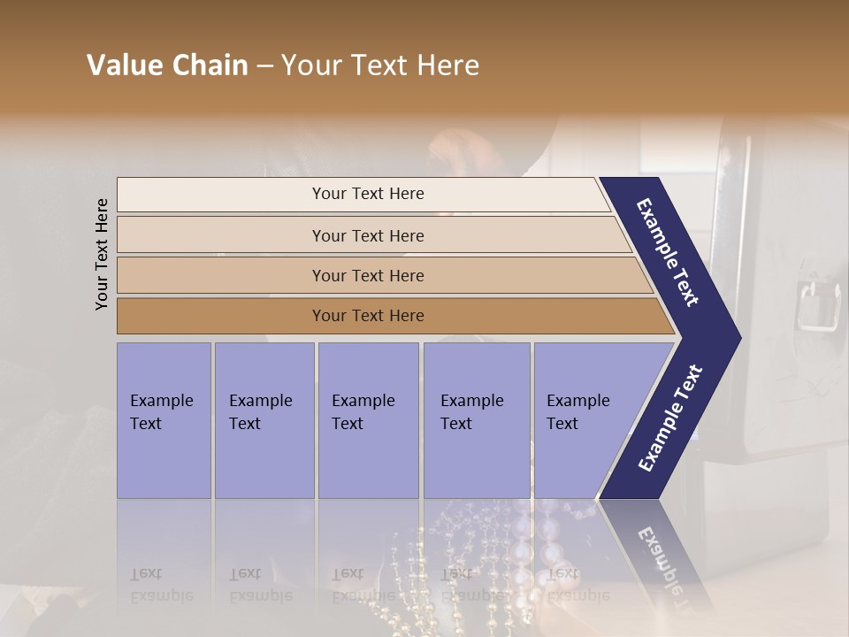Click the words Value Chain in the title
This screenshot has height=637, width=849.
[167, 65]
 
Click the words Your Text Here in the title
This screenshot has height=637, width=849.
[380, 65]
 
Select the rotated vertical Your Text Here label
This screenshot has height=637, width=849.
[102, 254]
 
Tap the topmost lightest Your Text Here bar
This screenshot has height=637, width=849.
[368, 194]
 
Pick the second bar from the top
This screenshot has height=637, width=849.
[368, 235]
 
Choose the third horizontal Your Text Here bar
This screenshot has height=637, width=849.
[368, 276]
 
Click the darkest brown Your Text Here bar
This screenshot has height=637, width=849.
[368, 316]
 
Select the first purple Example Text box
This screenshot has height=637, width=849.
[164, 419]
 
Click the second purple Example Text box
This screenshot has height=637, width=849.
[264, 419]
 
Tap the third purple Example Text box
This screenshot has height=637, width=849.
[367, 419]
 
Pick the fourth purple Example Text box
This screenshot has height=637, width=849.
[476, 419]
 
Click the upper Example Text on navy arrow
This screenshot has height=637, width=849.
[669, 253]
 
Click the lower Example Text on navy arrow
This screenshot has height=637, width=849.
[670, 418]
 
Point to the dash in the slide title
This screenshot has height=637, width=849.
[264, 65]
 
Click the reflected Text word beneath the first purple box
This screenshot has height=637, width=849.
[146, 574]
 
